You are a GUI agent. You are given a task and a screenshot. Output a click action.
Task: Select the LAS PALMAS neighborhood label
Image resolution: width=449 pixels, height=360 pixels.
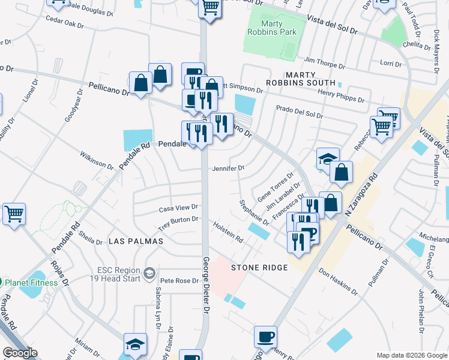(136, 241)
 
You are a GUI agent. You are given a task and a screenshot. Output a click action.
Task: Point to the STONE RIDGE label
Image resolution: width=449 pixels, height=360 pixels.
(260, 268)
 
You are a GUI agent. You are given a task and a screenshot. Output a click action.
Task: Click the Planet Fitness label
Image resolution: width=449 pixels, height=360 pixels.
(32, 282)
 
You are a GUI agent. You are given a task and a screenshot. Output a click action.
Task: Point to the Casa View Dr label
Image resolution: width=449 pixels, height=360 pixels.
(178, 209)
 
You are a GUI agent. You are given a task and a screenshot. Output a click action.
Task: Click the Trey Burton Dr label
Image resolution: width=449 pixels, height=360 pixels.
(178, 223)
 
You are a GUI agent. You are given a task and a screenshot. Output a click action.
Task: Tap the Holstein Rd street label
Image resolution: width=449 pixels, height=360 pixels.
(228, 232)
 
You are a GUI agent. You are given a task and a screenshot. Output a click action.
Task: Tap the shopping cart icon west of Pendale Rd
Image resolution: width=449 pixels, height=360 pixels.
(14, 214)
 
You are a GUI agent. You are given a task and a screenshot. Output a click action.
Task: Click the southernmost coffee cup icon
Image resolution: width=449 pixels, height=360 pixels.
(265, 337)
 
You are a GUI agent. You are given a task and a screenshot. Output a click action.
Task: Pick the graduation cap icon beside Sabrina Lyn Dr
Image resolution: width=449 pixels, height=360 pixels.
(135, 344)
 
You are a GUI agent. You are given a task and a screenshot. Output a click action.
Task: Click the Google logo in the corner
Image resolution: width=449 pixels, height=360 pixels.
(20, 353)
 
